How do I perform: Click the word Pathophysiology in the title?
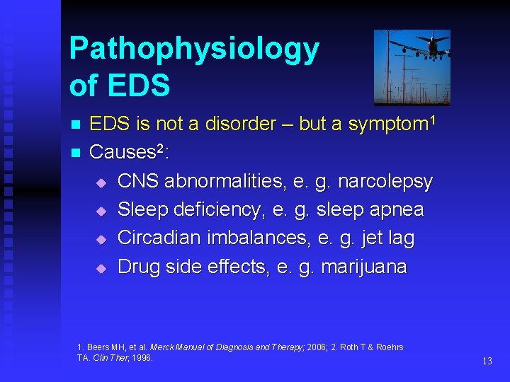tap(194, 49)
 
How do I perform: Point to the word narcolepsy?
tap(385, 181)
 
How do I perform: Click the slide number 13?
tap(487, 361)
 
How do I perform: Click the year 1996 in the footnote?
tap(142, 358)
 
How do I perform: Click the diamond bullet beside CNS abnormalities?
tap(101, 183)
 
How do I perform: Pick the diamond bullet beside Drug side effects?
tap(101, 268)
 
